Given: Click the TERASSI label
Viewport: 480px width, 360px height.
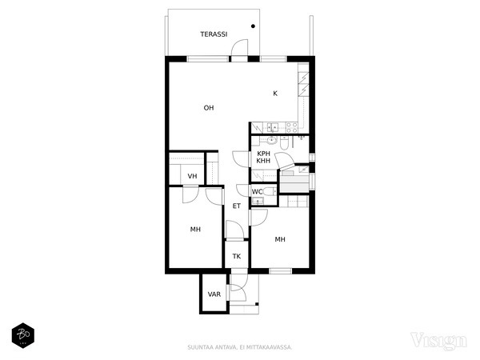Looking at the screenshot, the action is tap(214, 34).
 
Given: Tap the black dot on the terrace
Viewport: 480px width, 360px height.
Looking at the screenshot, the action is tap(253, 26).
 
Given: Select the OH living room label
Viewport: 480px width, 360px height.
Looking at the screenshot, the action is tap(209, 108).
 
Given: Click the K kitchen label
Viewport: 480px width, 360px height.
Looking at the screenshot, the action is tap(275, 94).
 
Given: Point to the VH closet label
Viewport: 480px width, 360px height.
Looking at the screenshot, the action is tap(192, 176).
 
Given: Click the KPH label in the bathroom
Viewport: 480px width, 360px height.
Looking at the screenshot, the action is tap(263, 154).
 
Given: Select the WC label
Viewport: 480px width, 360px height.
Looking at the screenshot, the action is tap(257, 192).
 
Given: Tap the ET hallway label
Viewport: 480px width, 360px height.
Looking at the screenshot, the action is tap(237, 206).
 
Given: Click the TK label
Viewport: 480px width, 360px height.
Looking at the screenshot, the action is tap(237, 256).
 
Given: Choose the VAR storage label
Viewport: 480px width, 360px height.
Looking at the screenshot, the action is tap(214, 294).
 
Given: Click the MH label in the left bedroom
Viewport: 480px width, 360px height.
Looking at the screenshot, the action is tap(195, 230).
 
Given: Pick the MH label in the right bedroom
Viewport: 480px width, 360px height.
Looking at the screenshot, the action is tap(280, 239).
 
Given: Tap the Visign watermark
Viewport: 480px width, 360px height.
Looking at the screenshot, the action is tap(438, 341).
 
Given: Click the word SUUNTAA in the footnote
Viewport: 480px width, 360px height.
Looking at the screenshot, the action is tap(197, 347).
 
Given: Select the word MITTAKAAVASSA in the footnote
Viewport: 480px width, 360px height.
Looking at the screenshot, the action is tap(274, 347).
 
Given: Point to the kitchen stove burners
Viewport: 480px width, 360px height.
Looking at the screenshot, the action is tap(291, 128).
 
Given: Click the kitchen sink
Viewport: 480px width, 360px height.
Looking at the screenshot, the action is tap(273, 127).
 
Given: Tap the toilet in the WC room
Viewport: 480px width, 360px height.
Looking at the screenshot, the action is tap(270, 192).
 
